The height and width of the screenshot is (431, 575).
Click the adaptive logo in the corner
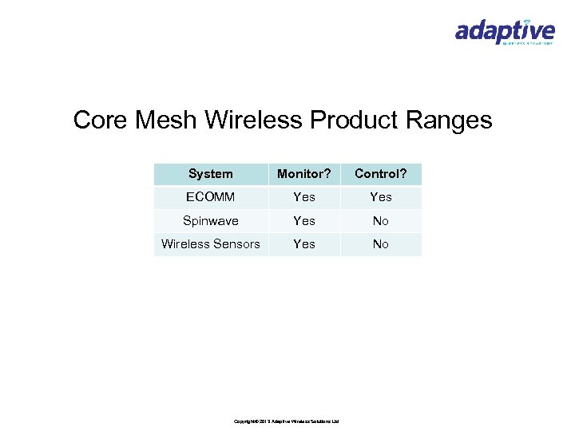[504, 31]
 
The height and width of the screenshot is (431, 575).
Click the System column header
[211, 174]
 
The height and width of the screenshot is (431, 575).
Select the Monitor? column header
[303, 174]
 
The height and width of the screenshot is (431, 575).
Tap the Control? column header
[381, 174]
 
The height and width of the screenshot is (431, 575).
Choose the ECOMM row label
[211, 197]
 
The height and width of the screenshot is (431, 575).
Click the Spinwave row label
[211, 221]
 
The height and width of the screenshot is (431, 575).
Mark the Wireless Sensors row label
[211, 244]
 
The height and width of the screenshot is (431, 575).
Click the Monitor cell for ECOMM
[303, 197]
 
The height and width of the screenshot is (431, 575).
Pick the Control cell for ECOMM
[381, 197]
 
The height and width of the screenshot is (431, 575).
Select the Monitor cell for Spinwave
[303, 221]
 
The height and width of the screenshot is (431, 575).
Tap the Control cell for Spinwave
[381, 221]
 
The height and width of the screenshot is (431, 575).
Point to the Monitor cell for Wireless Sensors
[303, 244]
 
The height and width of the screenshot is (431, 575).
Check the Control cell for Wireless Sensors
[381, 244]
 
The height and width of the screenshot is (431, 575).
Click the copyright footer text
[287, 421]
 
